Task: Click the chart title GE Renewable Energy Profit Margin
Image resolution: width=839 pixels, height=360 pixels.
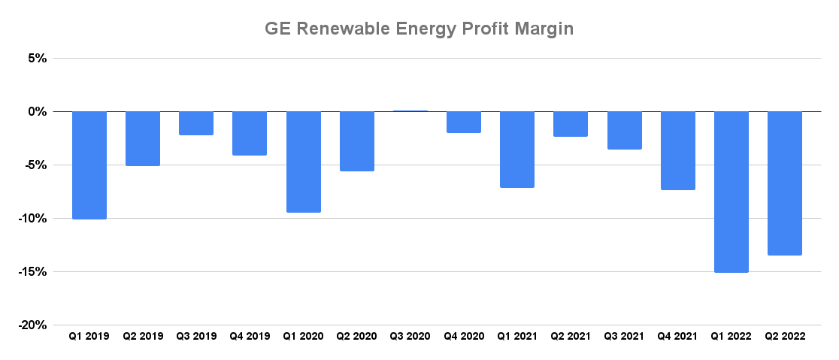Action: tap(419, 29)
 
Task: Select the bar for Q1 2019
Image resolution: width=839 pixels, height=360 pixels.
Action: tap(89, 165)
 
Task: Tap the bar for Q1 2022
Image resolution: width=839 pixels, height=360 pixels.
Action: tap(731, 192)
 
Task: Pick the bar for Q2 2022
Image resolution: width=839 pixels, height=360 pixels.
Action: tap(785, 183)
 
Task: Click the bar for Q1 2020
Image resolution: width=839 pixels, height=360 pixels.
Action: tap(304, 162)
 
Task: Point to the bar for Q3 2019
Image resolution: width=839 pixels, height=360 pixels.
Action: tap(196, 123)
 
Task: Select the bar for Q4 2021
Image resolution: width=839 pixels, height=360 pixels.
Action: tap(678, 150)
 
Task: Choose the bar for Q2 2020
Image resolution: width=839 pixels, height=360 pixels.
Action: tap(357, 141)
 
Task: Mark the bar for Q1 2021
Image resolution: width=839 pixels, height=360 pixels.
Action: tap(517, 150)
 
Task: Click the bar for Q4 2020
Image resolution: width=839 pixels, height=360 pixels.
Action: tap(464, 122)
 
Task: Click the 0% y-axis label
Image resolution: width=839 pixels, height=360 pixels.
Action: tap(38, 111)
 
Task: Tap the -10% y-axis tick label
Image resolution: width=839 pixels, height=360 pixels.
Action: tap(34, 218)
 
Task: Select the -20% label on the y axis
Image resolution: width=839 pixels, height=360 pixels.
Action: tap(34, 325)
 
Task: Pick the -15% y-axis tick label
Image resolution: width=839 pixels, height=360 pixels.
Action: tap(34, 271)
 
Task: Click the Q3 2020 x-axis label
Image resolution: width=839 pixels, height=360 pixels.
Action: tap(410, 337)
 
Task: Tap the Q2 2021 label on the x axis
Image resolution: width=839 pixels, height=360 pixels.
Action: tap(571, 337)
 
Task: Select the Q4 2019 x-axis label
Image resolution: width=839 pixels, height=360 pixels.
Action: tap(250, 337)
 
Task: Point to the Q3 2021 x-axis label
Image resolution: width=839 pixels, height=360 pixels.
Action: tap(624, 337)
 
